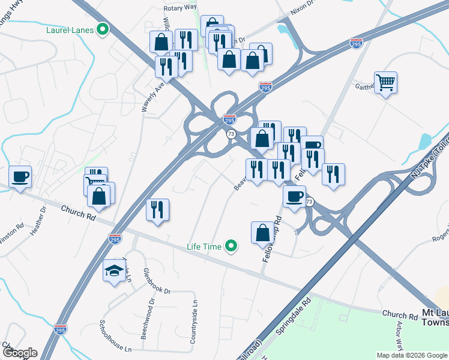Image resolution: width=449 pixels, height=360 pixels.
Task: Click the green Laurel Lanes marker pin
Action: pyautogui.click(x=103, y=29)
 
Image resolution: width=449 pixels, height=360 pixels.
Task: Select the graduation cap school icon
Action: pyautogui.click(x=114, y=271)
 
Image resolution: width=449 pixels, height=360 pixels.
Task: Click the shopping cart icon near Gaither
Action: pyautogui.click(x=385, y=82)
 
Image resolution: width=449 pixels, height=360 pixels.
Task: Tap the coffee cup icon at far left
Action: pyautogui.click(x=20, y=176)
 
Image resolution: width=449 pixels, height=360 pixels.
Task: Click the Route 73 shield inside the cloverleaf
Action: pyautogui.click(x=231, y=134)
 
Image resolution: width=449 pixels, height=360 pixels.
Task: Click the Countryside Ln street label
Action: pyautogui.click(x=194, y=322)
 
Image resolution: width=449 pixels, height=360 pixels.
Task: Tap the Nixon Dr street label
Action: pyautogui.click(x=305, y=4)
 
